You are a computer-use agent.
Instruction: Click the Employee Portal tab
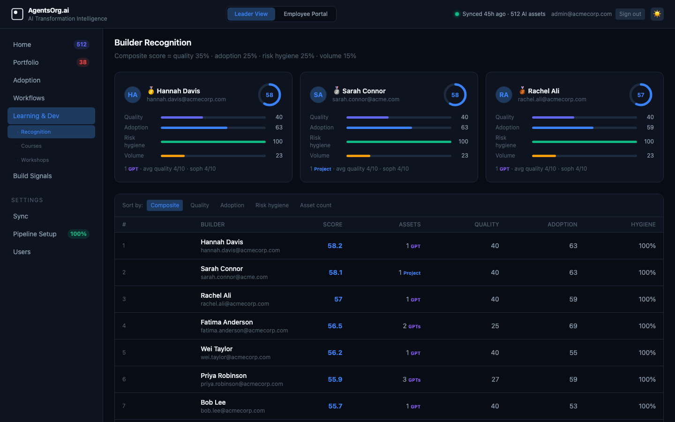[x=305, y=14]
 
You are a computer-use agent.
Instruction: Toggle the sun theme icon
[x=657, y=14]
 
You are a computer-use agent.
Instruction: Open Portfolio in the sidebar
[x=26, y=62]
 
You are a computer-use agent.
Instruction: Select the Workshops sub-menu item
[x=35, y=160]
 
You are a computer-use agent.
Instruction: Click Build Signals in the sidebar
[x=32, y=176]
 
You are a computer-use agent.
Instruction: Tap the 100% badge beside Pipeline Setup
[x=78, y=234]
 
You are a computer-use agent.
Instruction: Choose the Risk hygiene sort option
[x=272, y=205]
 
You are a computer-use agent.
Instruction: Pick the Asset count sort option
[x=315, y=205]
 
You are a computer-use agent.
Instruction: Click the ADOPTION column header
[x=562, y=225]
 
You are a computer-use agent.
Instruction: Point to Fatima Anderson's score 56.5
[x=335, y=326]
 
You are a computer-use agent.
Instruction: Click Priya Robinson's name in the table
[x=224, y=376]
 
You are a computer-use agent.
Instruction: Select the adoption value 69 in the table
[x=573, y=326]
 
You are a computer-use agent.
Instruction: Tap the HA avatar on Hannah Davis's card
[x=133, y=95]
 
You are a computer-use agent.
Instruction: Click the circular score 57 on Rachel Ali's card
[x=640, y=95]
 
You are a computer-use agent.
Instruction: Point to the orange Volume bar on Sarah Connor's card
[x=359, y=156]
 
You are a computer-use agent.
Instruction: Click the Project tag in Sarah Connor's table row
[x=412, y=273]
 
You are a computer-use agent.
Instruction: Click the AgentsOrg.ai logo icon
[x=17, y=14]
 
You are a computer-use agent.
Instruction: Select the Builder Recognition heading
[x=153, y=43]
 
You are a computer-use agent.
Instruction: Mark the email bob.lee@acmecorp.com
[x=232, y=411]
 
